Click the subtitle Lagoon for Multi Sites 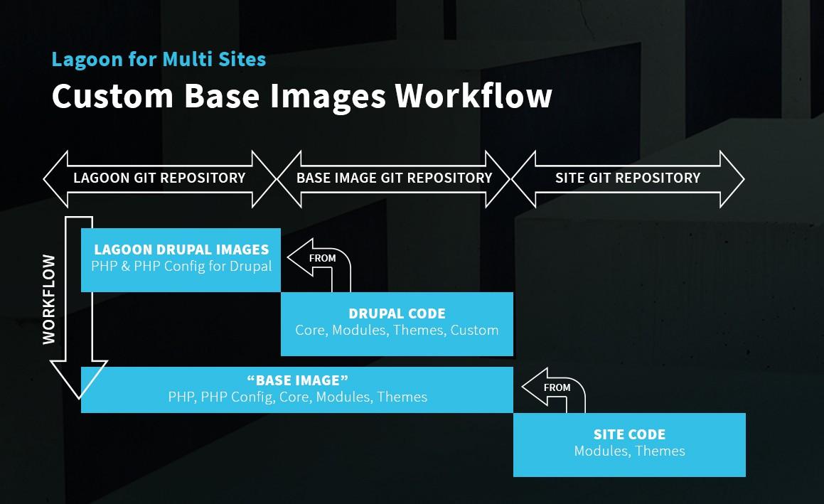pyautogui.click(x=159, y=59)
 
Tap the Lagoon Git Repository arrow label pyautogui.click(x=159, y=178)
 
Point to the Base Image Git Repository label pyautogui.click(x=394, y=178)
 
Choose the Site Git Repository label pyautogui.click(x=628, y=178)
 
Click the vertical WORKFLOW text pyautogui.click(x=49, y=299)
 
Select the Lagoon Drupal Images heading pyautogui.click(x=181, y=250)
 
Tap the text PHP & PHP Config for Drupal pyautogui.click(x=181, y=267)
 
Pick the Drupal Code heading pyautogui.click(x=397, y=313)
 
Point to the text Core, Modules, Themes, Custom pyautogui.click(x=397, y=330)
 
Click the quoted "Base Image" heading pyautogui.click(x=297, y=380)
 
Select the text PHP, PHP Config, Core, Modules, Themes pyautogui.click(x=297, y=397)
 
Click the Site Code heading pyautogui.click(x=629, y=434)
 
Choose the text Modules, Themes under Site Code pyautogui.click(x=629, y=451)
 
